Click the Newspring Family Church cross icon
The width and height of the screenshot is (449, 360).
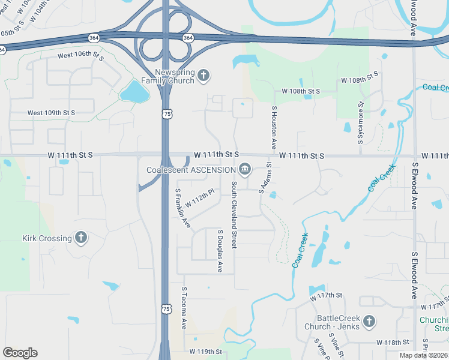pos(203,75)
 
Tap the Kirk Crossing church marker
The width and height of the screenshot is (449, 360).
pos(81,238)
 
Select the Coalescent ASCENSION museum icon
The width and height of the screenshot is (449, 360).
pos(245,170)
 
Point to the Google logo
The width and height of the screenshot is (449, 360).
pos(20,353)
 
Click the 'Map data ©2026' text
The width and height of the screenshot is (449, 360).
pos(424,355)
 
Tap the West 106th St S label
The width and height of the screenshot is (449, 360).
pos(81,56)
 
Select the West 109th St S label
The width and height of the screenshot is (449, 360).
pos(51,113)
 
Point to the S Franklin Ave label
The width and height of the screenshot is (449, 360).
pos(182,209)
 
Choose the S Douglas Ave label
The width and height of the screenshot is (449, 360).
pos(220,251)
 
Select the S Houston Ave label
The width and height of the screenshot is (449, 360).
pos(274,128)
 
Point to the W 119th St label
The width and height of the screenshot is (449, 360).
pos(205,351)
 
